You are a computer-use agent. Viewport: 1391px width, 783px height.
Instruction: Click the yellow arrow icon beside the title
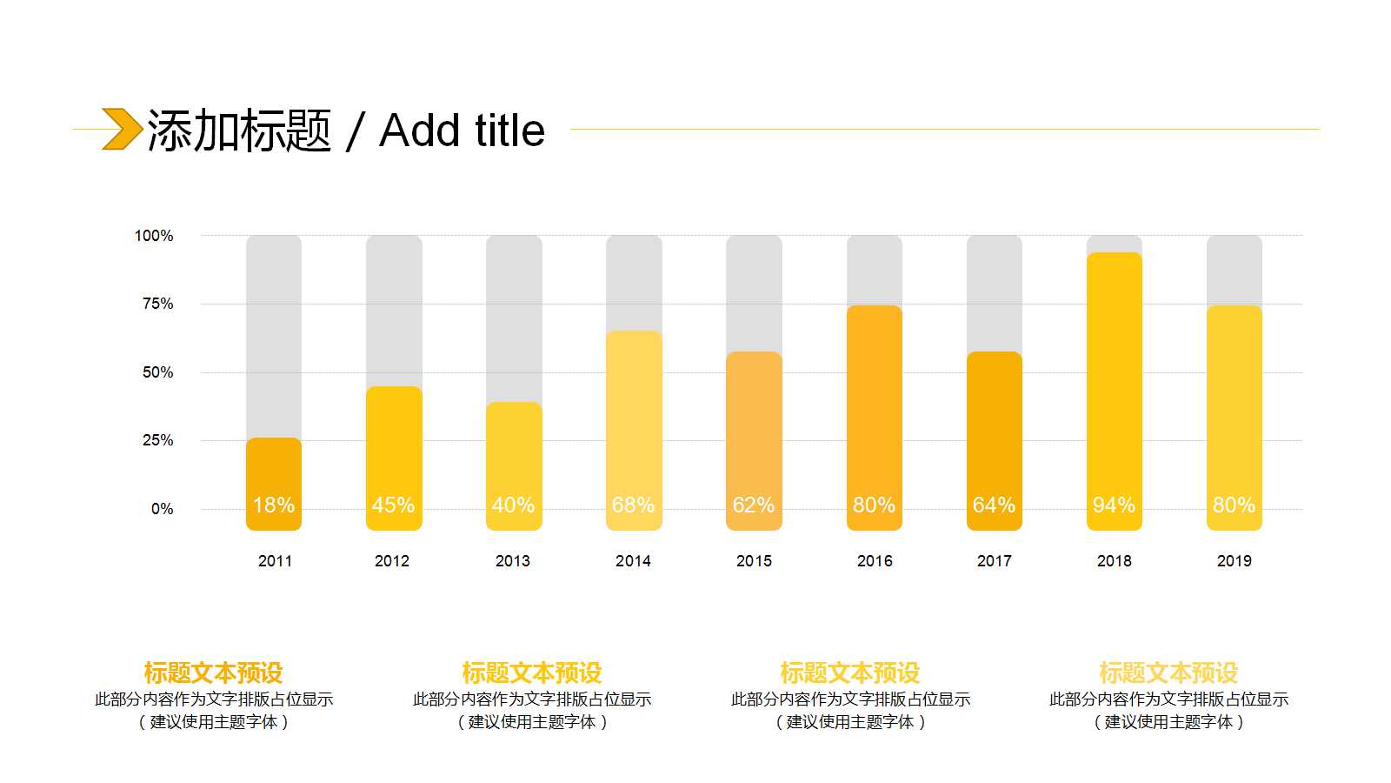122,129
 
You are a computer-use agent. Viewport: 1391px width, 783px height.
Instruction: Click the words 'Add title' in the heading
462,131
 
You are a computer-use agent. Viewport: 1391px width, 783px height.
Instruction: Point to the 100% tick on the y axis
154,236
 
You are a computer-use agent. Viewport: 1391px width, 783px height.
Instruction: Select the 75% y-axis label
157,304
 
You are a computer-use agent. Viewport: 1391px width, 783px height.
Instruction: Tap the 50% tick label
157,372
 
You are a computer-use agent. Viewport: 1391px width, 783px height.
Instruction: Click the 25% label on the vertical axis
157,440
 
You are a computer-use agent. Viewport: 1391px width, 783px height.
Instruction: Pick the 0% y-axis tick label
162,509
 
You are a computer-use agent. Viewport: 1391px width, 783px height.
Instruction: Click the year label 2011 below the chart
275,561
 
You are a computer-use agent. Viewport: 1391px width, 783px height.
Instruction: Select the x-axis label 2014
633,561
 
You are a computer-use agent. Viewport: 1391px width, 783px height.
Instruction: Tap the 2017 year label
994,561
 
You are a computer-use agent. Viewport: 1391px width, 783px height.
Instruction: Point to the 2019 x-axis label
1234,561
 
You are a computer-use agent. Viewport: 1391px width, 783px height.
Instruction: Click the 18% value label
274,505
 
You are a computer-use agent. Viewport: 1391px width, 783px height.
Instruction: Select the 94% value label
1114,505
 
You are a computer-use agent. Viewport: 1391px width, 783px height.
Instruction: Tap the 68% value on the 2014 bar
633,505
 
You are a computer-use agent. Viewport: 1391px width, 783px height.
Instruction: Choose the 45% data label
393,505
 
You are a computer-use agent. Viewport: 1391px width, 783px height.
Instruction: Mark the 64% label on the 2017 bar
994,505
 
